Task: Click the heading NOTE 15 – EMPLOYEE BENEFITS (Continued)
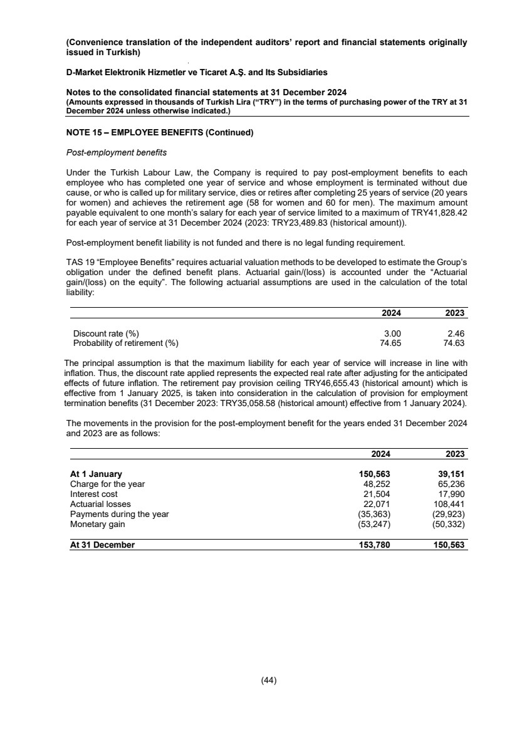point(159,132)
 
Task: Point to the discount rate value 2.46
point(454,333)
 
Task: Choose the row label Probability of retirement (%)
point(125,343)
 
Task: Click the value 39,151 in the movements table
point(449,474)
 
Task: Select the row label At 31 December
point(102,545)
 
